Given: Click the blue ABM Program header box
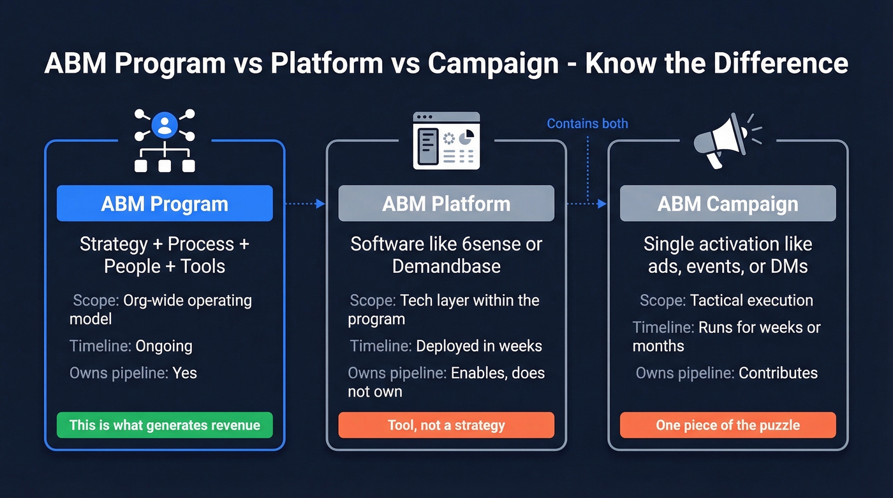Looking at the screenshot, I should (165, 204).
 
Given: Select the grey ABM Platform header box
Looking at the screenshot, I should (446, 204).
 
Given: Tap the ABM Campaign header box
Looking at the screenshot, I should (728, 204).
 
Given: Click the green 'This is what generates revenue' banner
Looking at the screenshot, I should (165, 425).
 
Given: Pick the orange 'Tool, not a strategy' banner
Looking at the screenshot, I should (446, 425).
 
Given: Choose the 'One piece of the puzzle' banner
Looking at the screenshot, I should (728, 425).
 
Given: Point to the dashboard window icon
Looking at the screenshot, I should (446, 141).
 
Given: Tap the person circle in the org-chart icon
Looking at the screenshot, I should (165, 124).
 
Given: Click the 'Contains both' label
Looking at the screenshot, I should (587, 124).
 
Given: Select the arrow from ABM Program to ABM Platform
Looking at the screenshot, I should (305, 204).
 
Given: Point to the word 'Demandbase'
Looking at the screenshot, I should (446, 266).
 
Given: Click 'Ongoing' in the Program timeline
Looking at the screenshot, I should (163, 346).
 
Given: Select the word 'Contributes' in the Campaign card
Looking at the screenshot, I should (778, 373).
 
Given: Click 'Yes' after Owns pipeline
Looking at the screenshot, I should (184, 373).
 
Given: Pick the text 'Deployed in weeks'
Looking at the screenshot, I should (478, 346).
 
